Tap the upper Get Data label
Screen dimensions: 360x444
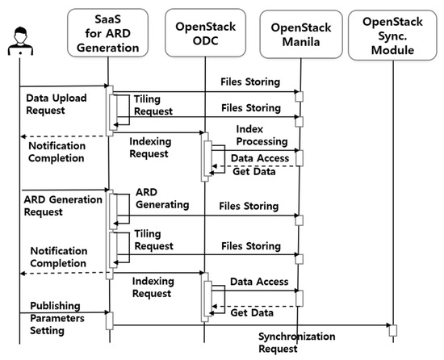(x=254, y=170)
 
